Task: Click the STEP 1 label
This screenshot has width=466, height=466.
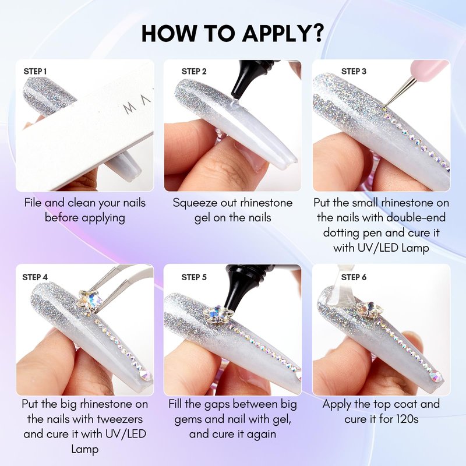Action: (x=35, y=71)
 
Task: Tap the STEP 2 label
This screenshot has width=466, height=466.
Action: (x=194, y=71)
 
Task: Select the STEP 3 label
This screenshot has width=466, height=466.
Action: (x=354, y=71)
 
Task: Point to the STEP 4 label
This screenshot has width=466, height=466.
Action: (x=35, y=277)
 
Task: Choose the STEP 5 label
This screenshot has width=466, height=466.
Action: (x=194, y=277)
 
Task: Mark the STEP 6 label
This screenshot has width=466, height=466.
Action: (x=354, y=277)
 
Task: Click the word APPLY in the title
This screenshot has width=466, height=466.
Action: (x=276, y=33)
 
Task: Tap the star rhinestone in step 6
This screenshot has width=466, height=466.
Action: (x=370, y=309)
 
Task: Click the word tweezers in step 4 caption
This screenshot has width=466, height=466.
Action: (x=120, y=419)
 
